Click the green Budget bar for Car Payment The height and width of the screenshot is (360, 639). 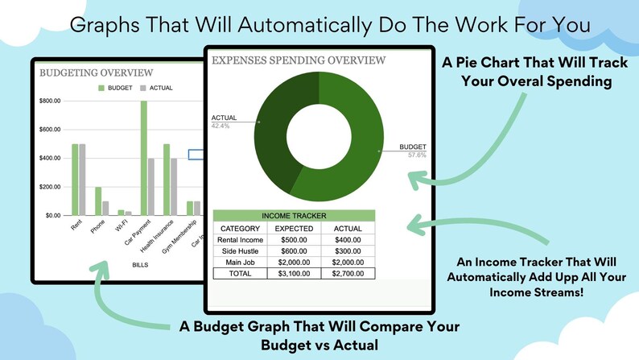click(144, 158)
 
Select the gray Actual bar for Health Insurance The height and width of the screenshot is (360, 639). click(174, 187)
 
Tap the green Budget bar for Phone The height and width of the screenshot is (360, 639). click(98, 201)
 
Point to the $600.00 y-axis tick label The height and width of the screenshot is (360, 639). click(50, 130)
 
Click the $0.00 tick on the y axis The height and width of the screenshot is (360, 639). click(53, 215)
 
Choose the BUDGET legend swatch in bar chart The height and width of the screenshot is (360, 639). click(101, 88)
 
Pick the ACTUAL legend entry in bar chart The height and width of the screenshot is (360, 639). click(156, 88)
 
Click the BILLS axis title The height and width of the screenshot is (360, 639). click(140, 265)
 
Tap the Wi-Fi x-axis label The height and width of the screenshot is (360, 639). click(122, 225)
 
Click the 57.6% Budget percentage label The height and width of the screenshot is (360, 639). click(417, 155)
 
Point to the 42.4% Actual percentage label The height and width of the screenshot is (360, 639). click(221, 126)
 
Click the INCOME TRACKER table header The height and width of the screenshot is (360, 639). click(294, 216)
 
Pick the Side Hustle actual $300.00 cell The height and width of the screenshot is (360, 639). click(348, 251)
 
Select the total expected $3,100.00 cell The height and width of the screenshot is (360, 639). click(294, 274)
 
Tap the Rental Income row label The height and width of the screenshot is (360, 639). click(240, 240)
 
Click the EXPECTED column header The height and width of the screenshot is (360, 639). click(294, 229)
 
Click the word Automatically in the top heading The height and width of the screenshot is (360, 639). click(305, 25)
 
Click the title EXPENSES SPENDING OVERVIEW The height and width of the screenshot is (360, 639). click(299, 60)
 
